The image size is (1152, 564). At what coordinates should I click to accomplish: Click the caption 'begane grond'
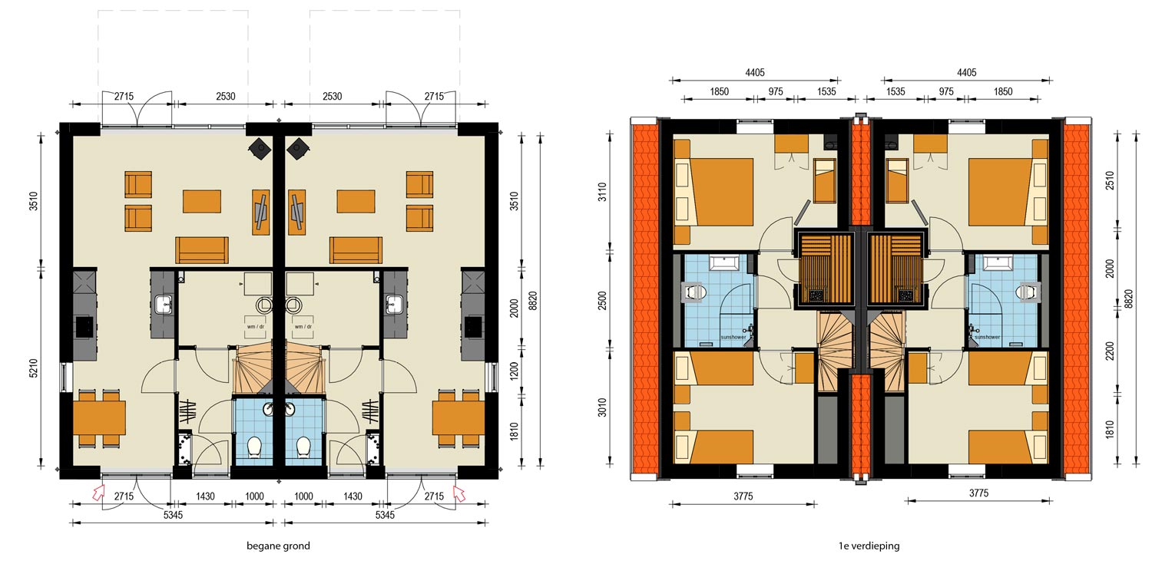click(278, 546)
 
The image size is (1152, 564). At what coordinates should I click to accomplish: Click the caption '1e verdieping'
click(869, 546)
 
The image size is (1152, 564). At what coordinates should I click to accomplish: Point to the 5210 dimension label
click(34, 368)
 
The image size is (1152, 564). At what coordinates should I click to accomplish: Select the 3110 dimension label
click(601, 192)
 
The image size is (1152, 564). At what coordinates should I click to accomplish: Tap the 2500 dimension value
click(601, 301)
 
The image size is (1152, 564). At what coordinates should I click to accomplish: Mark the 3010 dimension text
click(601, 408)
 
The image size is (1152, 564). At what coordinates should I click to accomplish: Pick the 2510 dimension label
click(1110, 181)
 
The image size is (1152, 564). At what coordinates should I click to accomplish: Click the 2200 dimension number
click(1110, 351)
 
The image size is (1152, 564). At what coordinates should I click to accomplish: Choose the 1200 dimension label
click(515, 371)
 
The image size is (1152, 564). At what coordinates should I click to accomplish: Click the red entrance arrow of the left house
click(98, 493)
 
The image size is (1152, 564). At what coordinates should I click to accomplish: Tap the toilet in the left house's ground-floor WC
click(254, 447)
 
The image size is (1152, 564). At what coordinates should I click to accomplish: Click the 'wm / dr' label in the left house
click(256, 327)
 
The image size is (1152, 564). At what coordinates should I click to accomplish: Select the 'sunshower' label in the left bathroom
click(733, 338)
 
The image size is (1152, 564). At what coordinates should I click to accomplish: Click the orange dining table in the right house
click(458, 418)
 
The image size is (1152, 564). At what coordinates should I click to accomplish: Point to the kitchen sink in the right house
click(394, 305)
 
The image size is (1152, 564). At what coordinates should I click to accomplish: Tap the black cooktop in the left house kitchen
click(84, 327)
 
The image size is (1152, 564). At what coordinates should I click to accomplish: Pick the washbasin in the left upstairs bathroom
click(724, 263)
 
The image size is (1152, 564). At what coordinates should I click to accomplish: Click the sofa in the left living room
click(201, 250)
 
